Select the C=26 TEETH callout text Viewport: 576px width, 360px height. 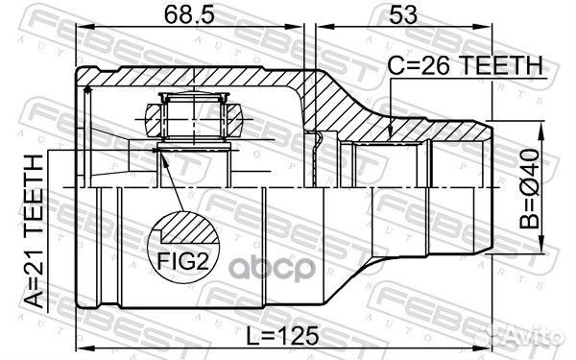coord(466,64)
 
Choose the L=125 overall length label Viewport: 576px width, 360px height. coord(281,338)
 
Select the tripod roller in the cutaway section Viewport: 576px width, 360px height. coord(193,119)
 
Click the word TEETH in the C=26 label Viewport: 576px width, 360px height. coord(501,64)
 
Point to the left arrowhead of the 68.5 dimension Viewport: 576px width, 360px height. coord(81,32)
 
